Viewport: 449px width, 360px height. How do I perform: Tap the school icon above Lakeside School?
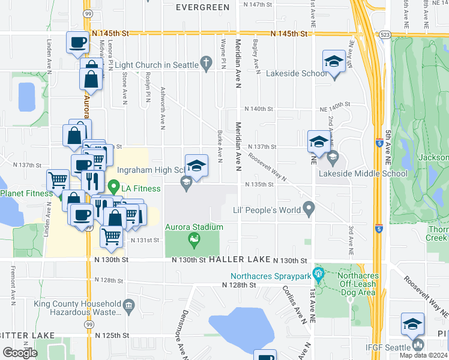[x=333, y=61]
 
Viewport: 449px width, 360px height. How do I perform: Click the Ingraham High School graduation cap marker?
[x=196, y=165]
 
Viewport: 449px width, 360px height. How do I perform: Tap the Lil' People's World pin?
[x=309, y=209]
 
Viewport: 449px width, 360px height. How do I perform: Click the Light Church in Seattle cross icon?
[x=206, y=62]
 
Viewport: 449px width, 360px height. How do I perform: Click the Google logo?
[x=20, y=353]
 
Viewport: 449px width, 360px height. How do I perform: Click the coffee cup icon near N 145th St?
[x=77, y=43]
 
